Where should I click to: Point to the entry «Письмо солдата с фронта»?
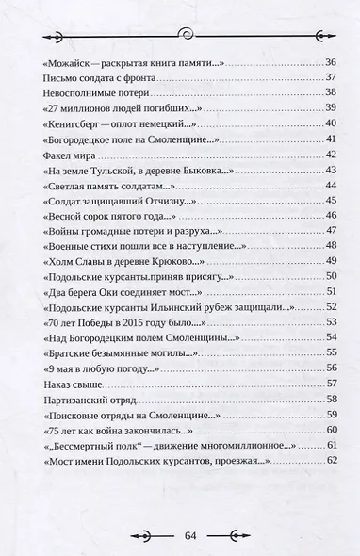(94, 76)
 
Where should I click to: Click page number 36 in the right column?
(330, 61)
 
